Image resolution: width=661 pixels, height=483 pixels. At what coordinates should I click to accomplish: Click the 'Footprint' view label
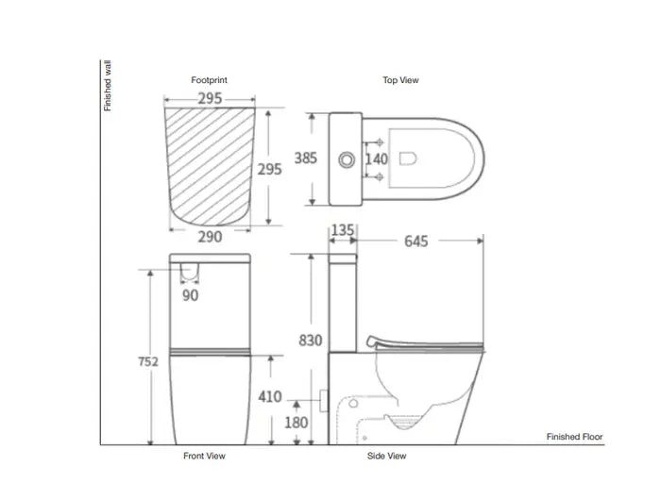[x=210, y=81]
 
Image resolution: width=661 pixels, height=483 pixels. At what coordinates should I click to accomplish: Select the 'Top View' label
[x=400, y=81]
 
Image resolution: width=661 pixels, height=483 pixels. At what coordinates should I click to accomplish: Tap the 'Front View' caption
[x=205, y=457]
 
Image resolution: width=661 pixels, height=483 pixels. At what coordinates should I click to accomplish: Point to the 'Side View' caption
[x=387, y=457]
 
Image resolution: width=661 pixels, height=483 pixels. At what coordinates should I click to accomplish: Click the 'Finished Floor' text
[x=574, y=437]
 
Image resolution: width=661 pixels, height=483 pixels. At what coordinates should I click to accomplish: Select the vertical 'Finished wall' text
[x=108, y=86]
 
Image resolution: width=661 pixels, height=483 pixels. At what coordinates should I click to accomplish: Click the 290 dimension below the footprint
[x=210, y=237]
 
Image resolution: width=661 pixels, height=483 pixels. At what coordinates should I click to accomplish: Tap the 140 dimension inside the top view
[x=377, y=158]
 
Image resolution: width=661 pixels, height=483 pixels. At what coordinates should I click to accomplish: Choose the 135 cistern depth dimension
[x=343, y=229]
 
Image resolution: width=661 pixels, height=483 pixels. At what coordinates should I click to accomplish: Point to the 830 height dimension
[x=312, y=341]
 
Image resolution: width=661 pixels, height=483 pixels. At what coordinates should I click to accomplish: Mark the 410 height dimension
[x=271, y=397]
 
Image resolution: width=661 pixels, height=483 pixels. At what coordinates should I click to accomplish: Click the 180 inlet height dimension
[x=297, y=422]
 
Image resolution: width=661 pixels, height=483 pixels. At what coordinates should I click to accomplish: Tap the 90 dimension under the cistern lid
[x=191, y=295]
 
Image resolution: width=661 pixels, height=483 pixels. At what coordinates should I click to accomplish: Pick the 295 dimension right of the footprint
[x=270, y=170]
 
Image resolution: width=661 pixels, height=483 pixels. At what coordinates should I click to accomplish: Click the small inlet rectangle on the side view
[x=324, y=400]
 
